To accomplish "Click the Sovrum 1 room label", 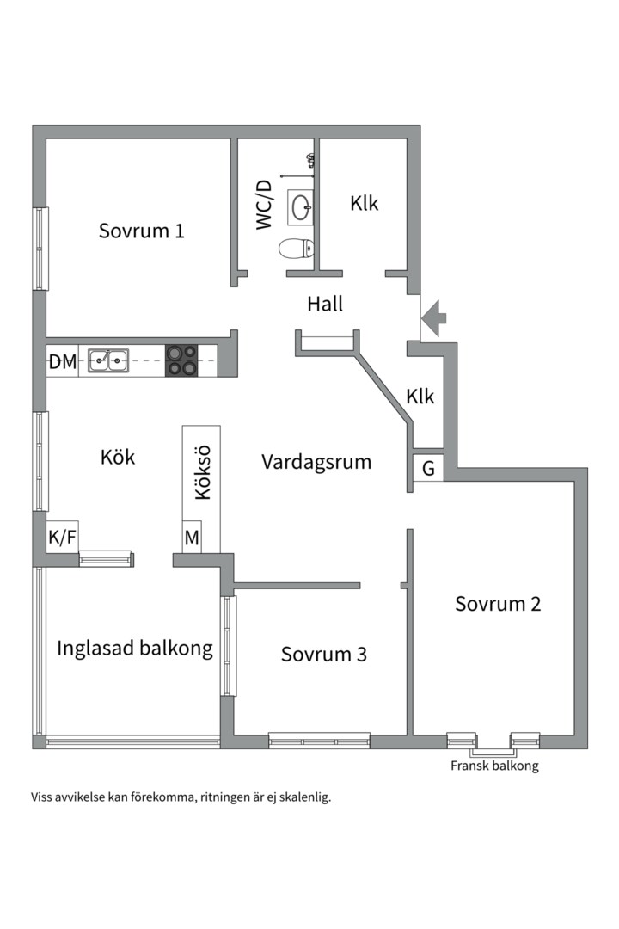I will (x=142, y=231).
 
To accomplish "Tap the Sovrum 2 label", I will (x=498, y=603).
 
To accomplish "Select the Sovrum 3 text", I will (x=324, y=654).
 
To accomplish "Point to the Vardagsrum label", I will (x=316, y=462).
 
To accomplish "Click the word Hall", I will (x=325, y=304).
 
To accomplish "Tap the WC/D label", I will (x=264, y=204).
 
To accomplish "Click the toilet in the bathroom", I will (x=295, y=249).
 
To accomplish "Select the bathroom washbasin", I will (x=301, y=206).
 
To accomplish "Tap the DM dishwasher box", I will (x=63, y=361).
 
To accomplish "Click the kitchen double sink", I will (x=108, y=360).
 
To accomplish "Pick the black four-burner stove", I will (x=181, y=360).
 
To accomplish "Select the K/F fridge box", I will (x=63, y=538).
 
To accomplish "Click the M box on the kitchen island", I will (x=192, y=538).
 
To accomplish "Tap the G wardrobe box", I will (x=428, y=469).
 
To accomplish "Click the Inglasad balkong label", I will (x=135, y=648).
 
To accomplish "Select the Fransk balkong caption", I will (x=494, y=766).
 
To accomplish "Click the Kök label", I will (x=118, y=457).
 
